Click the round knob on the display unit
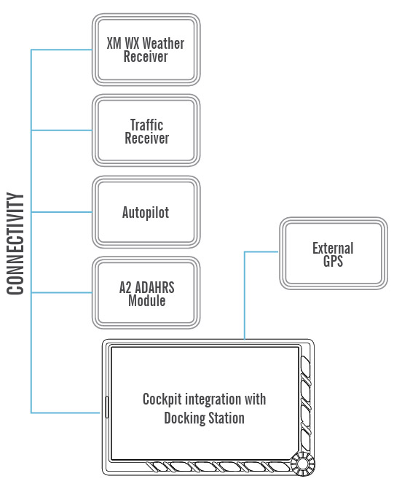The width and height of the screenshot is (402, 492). click(300, 464)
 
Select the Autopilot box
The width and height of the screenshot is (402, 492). click(146, 213)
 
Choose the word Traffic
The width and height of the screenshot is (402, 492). click(146, 125)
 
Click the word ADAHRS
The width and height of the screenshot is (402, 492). click(154, 286)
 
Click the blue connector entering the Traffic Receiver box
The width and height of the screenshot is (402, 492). click(62, 131)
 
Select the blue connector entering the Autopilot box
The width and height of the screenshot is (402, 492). click(62, 212)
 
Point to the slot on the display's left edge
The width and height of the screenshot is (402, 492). click(106, 408)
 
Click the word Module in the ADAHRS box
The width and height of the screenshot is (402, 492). click(146, 300)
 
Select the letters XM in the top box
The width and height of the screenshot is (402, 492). click(114, 43)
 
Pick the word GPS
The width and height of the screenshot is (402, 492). click(333, 261)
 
